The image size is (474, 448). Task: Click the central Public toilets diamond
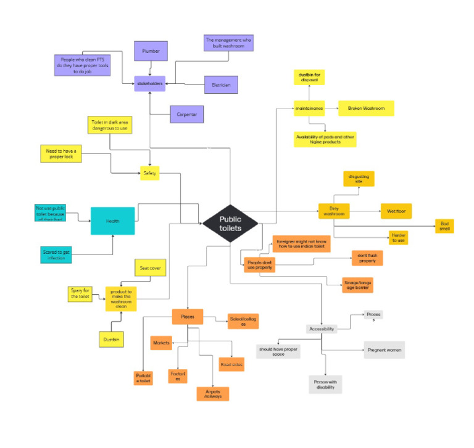click(x=230, y=224)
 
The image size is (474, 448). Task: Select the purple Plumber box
click(x=151, y=52)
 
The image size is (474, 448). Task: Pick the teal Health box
click(x=112, y=221)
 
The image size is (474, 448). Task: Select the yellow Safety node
click(x=150, y=174)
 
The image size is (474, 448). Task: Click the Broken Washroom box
click(x=365, y=108)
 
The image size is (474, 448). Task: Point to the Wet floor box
click(x=396, y=211)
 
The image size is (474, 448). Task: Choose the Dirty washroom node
click(x=334, y=211)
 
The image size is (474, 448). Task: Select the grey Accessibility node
click(x=322, y=329)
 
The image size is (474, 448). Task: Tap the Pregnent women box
click(x=385, y=349)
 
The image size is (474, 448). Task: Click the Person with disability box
click(x=325, y=385)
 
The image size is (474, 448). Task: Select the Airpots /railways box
click(x=213, y=394)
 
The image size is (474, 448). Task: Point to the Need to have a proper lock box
click(x=60, y=153)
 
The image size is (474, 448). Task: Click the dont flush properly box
click(x=367, y=258)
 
